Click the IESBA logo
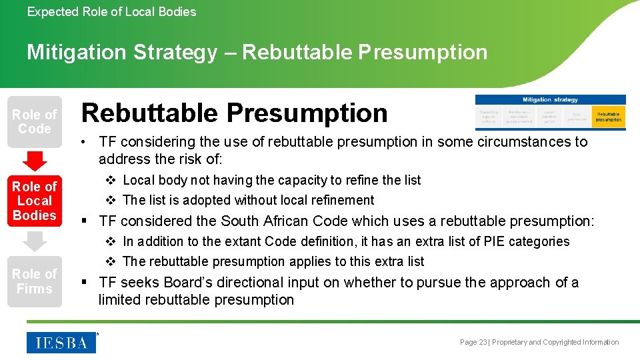click(x=61, y=342)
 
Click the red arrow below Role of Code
click(x=35, y=161)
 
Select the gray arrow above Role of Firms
click(x=35, y=241)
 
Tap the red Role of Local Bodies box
click(x=35, y=201)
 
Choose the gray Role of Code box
click(x=35, y=121)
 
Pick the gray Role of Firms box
click(x=35, y=281)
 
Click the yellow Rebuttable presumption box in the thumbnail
click(x=608, y=117)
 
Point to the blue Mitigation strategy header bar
click(x=550, y=100)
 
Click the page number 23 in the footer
click(x=483, y=342)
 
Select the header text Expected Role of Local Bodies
click(x=111, y=11)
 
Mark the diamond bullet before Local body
click(x=111, y=180)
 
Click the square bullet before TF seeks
click(x=85, y=283)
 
